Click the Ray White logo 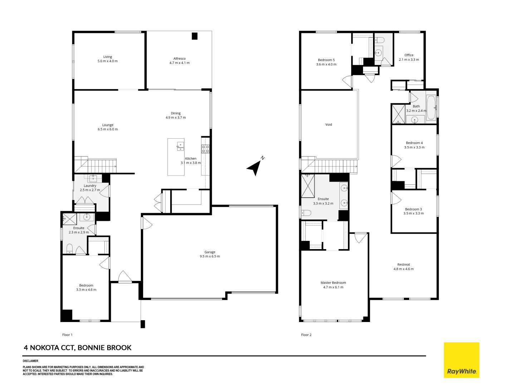[461, 360]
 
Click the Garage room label [210, 254]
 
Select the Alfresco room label [180, 61]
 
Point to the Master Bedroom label [333, 285]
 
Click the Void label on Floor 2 [329, 125]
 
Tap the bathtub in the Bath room [431, 107]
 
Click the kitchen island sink [181, 146]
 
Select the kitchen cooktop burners [205, 149]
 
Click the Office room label [409, 57]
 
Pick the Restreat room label [403, 267]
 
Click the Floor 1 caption [67, 335]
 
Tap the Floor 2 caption [306, 335]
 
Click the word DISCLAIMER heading [30, 361]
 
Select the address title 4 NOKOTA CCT [78, 348]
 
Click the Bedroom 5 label [326, 62]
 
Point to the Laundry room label [90, 188]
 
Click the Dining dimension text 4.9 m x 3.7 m [176, 118]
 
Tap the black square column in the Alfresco [195, 36]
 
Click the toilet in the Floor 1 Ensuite [70, 248]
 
